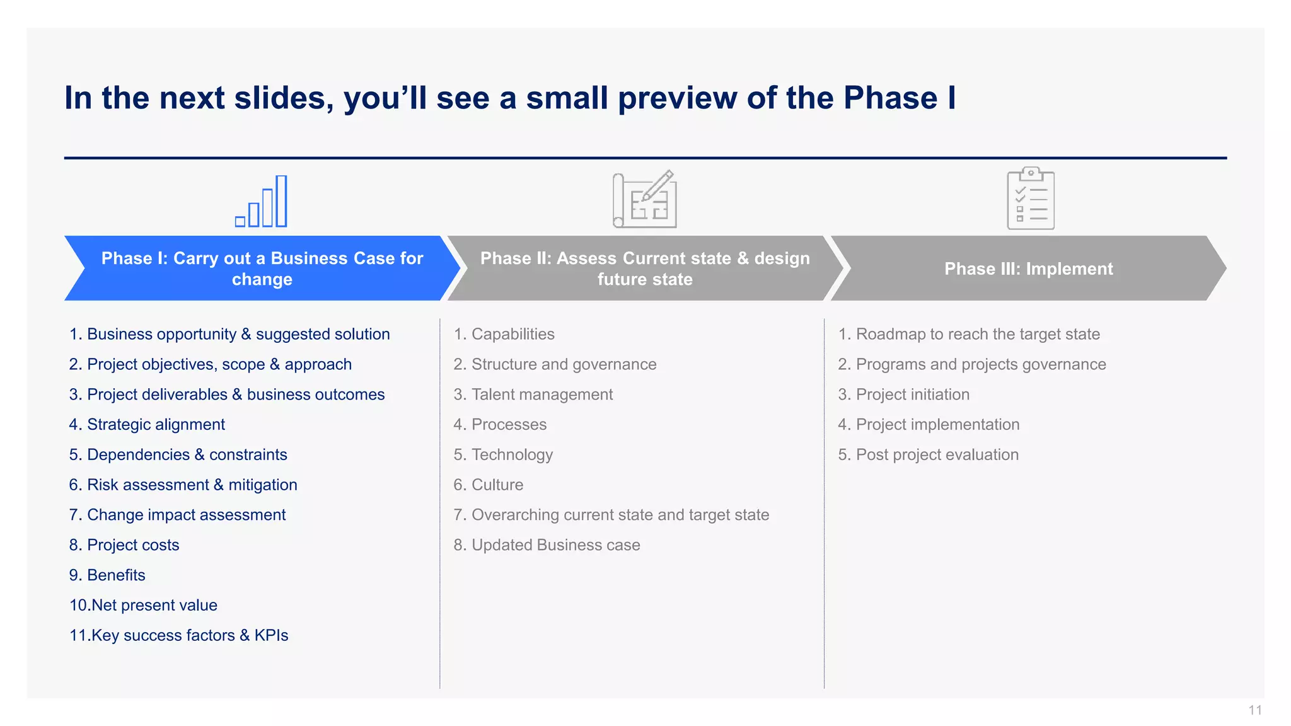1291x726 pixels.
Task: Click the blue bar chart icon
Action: (x=262, y=202)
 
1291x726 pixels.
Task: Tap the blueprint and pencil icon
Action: (x=645, y=200)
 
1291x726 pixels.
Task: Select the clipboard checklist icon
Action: (x=1031, y=199)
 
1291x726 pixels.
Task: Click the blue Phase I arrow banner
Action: (x=262, y=268)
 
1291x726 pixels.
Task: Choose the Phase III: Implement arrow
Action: (x=1028, y=268)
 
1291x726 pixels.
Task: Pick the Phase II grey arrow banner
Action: (x=645, y=268)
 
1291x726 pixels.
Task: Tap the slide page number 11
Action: (x=1254, y=710)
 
